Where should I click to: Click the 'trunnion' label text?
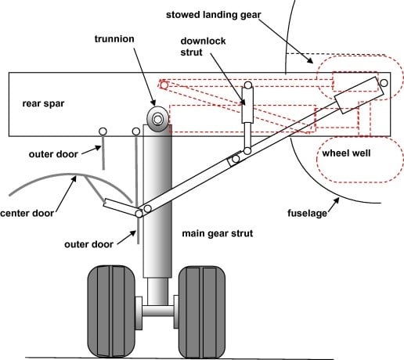[114, 39]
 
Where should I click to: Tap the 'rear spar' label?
[43, 103]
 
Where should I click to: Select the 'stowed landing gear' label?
[214, 15]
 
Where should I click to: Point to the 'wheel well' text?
[346, 153]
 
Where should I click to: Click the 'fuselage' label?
[307, 213]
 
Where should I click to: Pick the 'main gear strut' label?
[218, 233]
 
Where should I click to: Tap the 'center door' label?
[27, 214]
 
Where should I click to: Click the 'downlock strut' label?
[203, 47]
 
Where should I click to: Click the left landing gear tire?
[111, 311]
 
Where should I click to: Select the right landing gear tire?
[202, 312]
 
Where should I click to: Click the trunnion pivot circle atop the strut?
[157, 119]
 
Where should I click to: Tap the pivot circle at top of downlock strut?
[248, 85]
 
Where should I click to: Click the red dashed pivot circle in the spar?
[164, 85]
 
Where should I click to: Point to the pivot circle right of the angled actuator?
[384, 83]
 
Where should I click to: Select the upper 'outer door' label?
[53, 154]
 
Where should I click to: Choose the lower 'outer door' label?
[88, 244]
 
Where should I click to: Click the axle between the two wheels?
[158, 311]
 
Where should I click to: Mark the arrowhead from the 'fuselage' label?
[336, 200]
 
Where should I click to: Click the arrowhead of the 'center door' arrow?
[74, 179]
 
